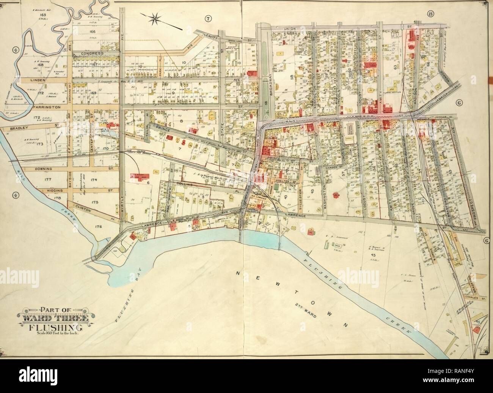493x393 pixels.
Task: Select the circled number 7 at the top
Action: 208,18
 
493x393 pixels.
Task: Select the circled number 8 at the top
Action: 430,14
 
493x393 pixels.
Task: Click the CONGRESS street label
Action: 93,54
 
